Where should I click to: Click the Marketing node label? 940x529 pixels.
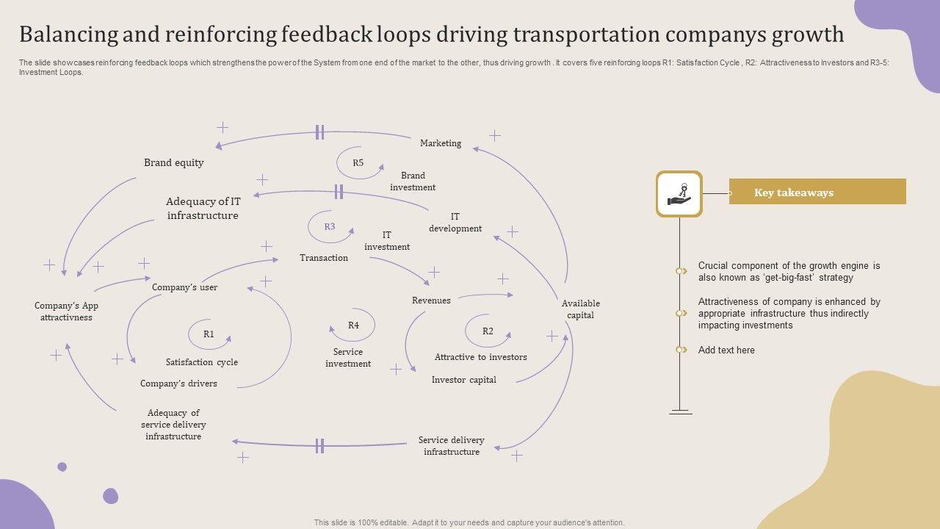[441, 143]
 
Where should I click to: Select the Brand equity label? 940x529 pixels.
[173, 163]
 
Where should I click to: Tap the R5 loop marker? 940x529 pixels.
[358, 163]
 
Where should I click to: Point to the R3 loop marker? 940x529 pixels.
[330, 227]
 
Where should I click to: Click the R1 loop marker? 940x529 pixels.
[209, 334]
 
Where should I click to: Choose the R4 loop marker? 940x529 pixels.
[353, 325]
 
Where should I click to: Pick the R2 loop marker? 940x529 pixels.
[488, 331]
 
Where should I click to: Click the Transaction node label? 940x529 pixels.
[324, 258]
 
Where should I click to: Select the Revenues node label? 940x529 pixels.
[431, 301]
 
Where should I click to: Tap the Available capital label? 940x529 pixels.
[581, 309]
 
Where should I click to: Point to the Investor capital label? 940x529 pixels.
[463, 380]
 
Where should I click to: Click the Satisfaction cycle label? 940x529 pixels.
[201, 362]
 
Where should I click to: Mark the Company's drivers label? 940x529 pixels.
[178, 384]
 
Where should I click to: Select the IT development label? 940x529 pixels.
[455, 223]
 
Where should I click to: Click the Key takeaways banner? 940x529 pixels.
[817, 192]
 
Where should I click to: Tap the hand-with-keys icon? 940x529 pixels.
[679, 194]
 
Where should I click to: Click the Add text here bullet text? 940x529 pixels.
[726, 350]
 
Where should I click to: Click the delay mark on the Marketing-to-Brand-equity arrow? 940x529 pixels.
[319, 132]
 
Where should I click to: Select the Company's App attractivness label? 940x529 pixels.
[66, 312]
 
